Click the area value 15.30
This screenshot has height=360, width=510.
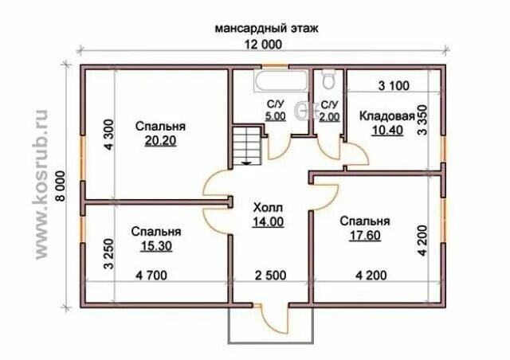pos(156,247)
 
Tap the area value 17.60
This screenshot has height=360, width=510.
pos(364,235)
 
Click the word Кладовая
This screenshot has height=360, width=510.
pos(386,116)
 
